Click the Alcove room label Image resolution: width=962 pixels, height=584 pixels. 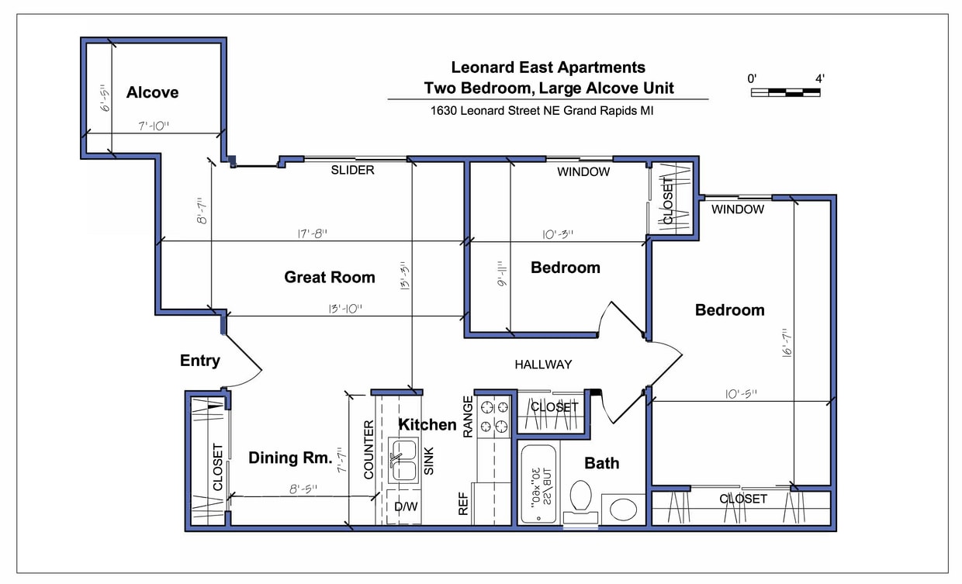pos(152,92)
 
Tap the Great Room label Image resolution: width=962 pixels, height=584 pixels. pos(329,277)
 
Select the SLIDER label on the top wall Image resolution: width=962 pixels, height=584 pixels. pos(352,170)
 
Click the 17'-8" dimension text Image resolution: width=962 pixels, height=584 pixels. pos(310,233)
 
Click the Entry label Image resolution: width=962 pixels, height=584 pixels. pos(200,361)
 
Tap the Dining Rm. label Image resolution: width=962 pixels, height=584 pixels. pos(290,458)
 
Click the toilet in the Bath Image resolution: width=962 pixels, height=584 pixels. pos(580,497)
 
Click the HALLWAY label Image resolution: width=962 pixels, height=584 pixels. pos(543,365)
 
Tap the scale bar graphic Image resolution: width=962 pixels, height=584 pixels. pos(785,92)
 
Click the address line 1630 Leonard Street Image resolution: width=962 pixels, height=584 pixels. pos(542,111)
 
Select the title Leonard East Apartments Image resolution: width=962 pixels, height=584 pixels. pos(548,67)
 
